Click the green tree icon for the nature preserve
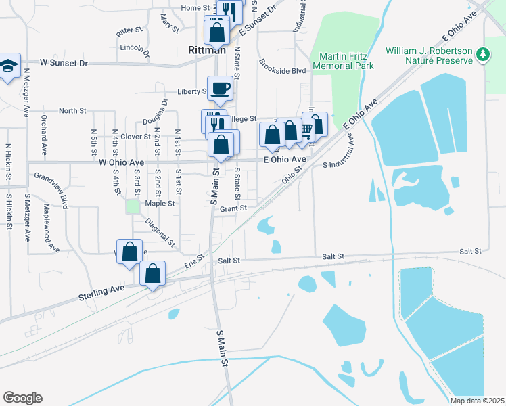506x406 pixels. (x=482, y=53)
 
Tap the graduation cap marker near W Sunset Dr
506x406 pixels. (x=9, y=66)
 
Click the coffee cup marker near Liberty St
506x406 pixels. (x=221, y=88)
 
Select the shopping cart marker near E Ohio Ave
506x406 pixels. (x=307, y=128)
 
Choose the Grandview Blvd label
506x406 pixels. (x=51, y=190)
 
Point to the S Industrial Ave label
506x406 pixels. (x=348, y=158)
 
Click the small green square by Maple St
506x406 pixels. (x=133, y=205)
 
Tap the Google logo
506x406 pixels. (x=22, y=398)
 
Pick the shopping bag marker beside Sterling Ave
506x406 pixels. (x=153, y=274)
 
